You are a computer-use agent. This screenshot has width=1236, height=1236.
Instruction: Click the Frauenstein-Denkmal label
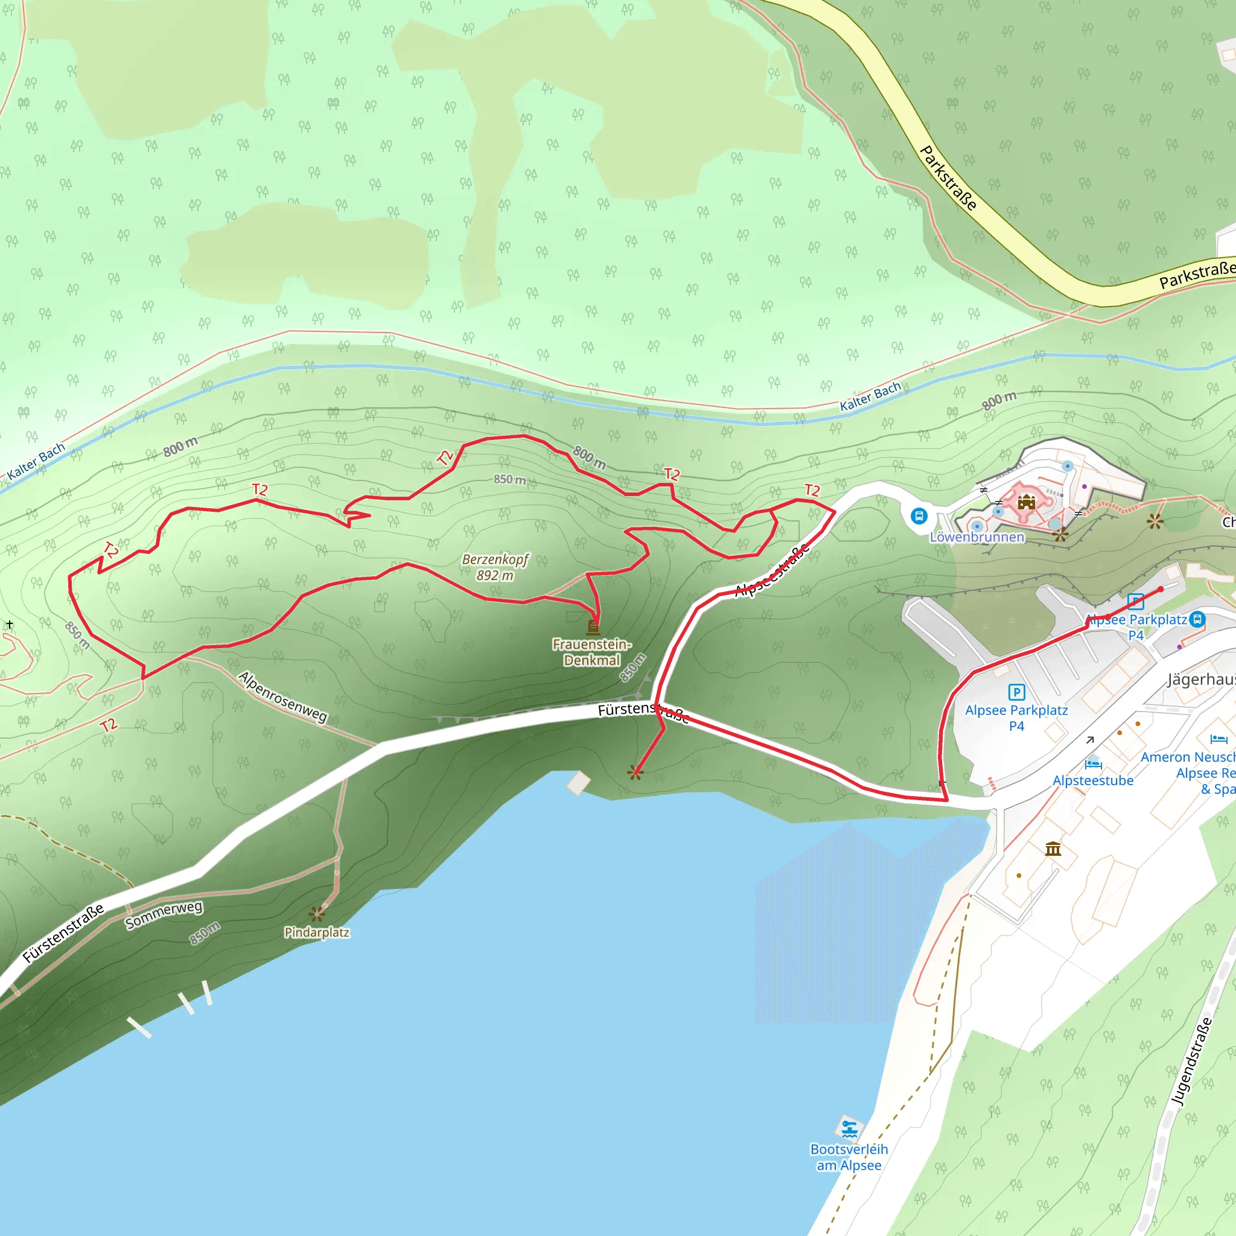coord(592,652)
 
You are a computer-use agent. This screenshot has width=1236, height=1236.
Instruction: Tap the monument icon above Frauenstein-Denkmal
coord(593,626)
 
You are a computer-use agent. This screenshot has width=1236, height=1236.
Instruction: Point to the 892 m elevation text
coord(495,575)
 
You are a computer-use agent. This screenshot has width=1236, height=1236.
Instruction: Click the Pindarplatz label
coord(317,932)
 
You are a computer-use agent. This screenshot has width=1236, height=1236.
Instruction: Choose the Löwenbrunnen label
coord(977,537)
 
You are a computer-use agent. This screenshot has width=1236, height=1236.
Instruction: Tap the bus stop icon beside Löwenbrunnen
coord(919,515)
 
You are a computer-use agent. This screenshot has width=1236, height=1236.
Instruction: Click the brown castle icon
coord(1026,501)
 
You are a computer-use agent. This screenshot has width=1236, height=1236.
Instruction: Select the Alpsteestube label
coord(1093,780)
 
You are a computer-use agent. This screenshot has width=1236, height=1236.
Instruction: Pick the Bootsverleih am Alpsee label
coord(849,1158)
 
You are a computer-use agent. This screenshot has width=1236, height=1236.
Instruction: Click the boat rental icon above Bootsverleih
coord(849,1129)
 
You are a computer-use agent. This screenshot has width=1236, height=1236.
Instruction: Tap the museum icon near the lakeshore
coord(1053,849)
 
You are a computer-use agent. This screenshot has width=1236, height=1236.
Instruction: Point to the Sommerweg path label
coord(164,915)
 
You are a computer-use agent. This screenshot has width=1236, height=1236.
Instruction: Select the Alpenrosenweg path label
coord(283,696)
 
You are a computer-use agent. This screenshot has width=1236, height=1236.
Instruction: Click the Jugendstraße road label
coord(1191,1062)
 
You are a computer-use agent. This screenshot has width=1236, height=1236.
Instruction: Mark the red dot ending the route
coord(1161,589)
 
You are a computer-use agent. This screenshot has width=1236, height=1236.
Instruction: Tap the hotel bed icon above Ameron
coord(1218,739)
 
